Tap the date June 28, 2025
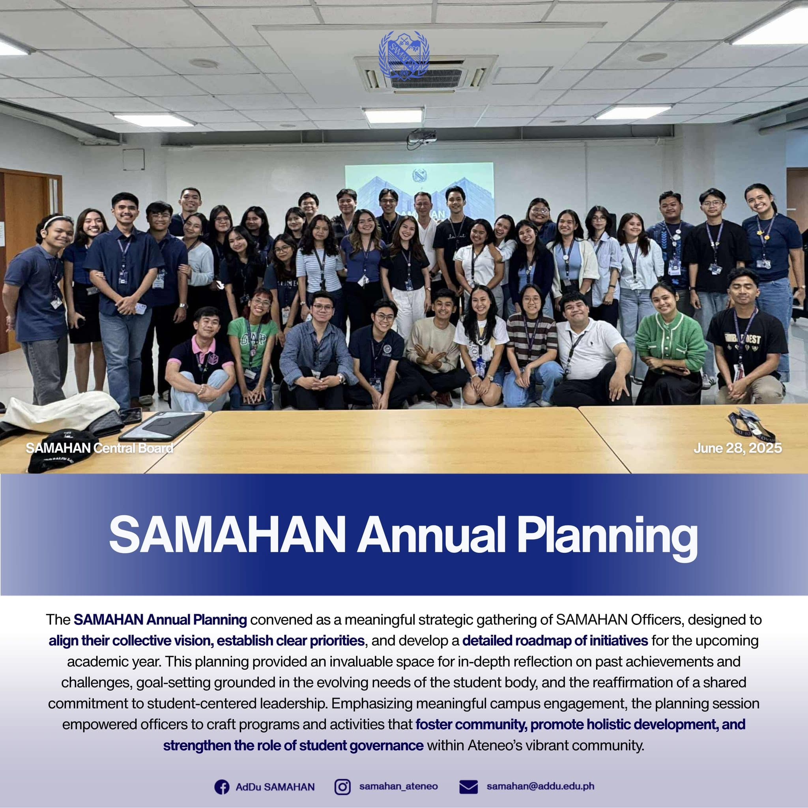[x=737, y=448]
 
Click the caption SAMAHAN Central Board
[x=99, y=448]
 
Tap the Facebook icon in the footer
[x=222, y=787]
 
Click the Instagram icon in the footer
[x=342, y=787]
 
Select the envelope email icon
[x=468, y=787]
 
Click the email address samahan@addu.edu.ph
[x=540, y=786]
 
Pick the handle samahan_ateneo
[x=398, y=786]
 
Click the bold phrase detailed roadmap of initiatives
[x=555, y=640]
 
